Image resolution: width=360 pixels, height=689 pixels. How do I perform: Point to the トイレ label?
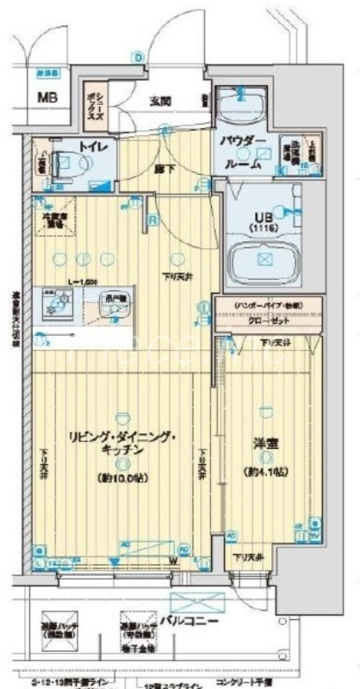(x=92, y=147)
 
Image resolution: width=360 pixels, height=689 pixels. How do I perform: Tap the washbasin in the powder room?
(x=239, y=107)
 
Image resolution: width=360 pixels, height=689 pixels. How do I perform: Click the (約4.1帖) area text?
(x=266, y=472)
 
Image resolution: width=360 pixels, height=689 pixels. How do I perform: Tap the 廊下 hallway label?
(x=164, y=169)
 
